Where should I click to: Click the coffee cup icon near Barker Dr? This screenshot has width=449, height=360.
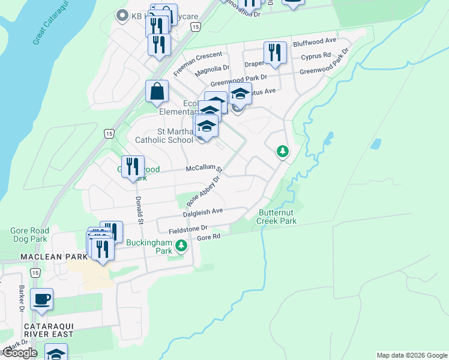[41, 299]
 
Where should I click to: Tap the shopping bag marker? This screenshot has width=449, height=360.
[156, 92]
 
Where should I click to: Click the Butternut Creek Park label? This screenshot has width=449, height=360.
[277, 217]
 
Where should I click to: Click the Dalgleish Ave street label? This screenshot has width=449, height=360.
[203, 212]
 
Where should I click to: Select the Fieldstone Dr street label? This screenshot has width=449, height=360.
[187, 228]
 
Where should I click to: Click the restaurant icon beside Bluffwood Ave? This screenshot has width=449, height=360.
[275, 52]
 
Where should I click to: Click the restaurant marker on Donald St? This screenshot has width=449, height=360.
[133, 166]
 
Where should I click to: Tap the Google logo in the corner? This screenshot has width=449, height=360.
[19, 353]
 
